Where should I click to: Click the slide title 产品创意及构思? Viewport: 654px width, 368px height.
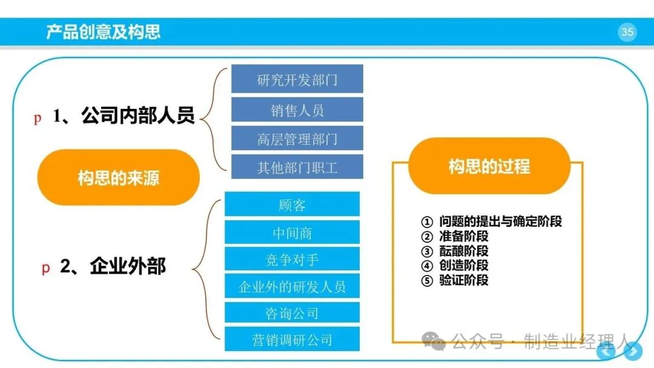coord(103,31)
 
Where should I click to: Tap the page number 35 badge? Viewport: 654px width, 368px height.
coord(627,32)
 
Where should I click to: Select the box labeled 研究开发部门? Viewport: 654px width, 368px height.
coord(297,79)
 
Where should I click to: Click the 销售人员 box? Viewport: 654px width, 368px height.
coord(297,110)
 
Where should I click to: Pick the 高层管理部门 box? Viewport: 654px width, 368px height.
coord(297,139)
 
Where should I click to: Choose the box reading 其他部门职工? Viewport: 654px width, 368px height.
coord(297,166)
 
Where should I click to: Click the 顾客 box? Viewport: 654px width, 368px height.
coord(292,204)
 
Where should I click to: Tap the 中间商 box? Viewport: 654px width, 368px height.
coord(292,232)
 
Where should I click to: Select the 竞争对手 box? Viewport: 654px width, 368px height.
coord(292,259)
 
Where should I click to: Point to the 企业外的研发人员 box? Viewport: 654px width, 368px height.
coord(292,286)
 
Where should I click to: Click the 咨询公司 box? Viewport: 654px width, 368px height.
coord(292,312)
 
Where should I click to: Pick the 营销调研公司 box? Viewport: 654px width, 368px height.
coord(292,339)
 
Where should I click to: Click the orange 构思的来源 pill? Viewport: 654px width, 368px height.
coord(119,177)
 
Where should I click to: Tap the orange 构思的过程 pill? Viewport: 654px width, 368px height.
coord(489,166)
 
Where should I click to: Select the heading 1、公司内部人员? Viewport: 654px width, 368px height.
coord(124,116)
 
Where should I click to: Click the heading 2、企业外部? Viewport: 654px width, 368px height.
coord(113,266)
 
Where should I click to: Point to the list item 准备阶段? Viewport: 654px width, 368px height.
coord(463,236)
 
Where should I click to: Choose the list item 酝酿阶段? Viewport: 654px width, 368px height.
coord(463,251)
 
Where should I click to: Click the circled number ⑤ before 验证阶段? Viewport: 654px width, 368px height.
coord(427,280)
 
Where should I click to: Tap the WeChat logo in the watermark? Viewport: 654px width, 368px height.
coord(434,341)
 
